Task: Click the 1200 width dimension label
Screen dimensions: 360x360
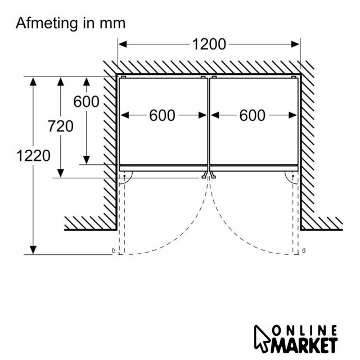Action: [209, 44]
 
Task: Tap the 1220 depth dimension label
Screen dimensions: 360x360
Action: [33, 155]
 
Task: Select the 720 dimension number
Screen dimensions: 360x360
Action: [61, 126]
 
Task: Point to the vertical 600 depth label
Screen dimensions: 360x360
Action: [86, 101]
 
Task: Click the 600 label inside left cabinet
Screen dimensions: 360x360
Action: [162, 115]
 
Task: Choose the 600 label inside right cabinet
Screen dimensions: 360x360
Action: [253, 115]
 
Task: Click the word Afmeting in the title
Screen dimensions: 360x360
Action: [47, 24]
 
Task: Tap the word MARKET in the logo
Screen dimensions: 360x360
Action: [304, 345]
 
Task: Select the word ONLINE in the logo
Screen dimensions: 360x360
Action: [305, 331]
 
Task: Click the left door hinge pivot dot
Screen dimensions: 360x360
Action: [124, 176]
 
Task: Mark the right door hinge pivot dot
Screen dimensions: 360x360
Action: [293, 176]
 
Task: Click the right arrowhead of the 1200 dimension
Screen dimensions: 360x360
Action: [295, 44]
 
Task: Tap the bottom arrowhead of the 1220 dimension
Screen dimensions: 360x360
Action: [33, 250]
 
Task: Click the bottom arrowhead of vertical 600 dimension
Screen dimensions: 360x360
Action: [86, 160]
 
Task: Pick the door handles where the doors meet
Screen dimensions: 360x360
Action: [209, 174]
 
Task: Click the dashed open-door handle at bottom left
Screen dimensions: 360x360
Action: [113, 251]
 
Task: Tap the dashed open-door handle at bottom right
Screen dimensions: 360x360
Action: [304, 251]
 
